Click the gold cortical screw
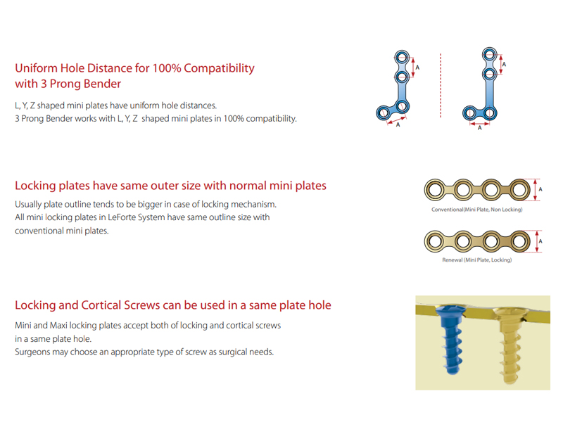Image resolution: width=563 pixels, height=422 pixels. (x=509, y=345)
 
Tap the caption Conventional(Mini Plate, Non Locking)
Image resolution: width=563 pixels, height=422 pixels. (x=477, y=210)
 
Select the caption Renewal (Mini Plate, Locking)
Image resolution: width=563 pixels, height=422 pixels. (x=477, y=260)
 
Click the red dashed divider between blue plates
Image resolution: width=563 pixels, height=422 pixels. (x=441, y=85)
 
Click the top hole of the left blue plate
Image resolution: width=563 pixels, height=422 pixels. (x=402, y=57)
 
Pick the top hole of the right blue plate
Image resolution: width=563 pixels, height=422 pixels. (x=489, y=55)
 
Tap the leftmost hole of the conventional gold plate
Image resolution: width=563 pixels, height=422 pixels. (x=435, y=190)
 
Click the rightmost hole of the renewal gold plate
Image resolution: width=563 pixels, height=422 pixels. (x=519, y=241)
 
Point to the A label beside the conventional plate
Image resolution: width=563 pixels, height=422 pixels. (x=540, y=189)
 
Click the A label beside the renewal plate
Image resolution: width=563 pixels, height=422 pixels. (x=540, y=241)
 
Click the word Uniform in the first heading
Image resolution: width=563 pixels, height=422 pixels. (x=36, y=68)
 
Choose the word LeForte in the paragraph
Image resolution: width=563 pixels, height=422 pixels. (x=122, y=217)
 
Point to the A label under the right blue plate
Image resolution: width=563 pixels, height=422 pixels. (x=480, y=128)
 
